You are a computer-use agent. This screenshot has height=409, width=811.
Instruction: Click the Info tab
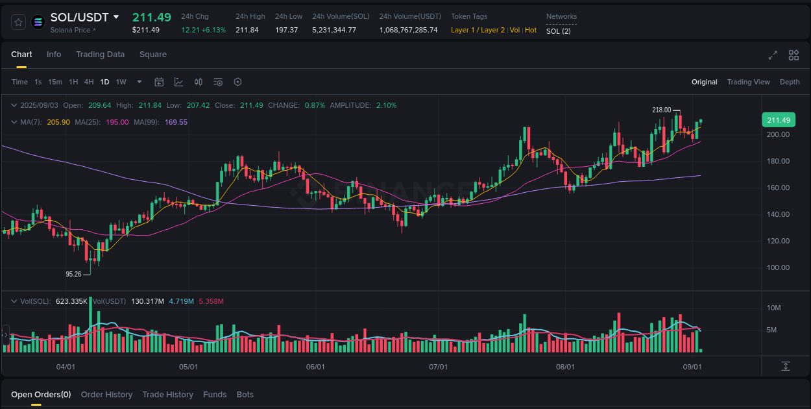click(54, 55)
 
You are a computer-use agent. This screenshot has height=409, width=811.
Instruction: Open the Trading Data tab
click(100, 55)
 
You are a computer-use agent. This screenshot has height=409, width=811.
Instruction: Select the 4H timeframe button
click(89, 82)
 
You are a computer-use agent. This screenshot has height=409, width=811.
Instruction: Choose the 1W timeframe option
click(121, 82)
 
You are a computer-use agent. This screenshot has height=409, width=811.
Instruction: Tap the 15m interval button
click(55, 82)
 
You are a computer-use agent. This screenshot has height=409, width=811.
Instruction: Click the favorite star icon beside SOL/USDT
click(19, 22)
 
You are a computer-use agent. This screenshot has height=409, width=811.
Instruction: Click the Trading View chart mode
click(748, 82)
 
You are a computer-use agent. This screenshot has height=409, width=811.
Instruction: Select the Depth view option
click(790, 82)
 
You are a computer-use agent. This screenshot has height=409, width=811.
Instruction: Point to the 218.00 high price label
click(661, 110)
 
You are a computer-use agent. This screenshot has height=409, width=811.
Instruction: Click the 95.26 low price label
click(73, 274)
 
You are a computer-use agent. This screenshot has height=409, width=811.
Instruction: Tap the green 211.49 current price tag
click(778, 120)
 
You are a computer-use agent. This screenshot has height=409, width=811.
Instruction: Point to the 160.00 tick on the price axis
click(778, 188)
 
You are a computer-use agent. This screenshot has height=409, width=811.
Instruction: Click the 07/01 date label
click(439, 367)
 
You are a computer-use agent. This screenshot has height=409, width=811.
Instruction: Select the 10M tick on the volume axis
click(773, 308)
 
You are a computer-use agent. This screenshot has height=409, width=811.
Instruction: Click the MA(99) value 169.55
click(176, 122)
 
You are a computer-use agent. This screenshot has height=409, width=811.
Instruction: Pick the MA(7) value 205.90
click(58, 122)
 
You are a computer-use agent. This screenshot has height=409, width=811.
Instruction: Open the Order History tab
click(106, 395)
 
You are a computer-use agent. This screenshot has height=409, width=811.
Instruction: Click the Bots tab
click(245, 395)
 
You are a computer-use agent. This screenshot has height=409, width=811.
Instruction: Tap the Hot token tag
click(531, 30)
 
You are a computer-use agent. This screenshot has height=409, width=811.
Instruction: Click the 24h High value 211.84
click(247, 30)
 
